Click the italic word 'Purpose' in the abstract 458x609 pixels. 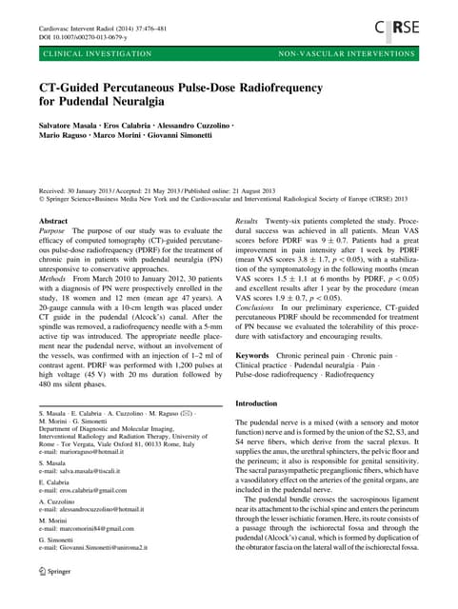pos(52,231)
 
